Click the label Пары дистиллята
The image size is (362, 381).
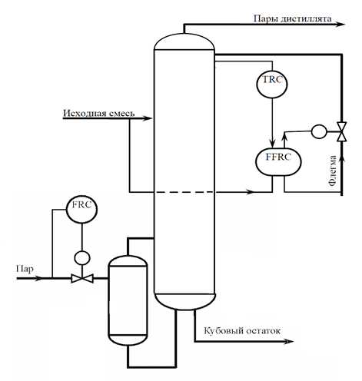coord(292,18)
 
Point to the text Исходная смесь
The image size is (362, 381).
coord(99,113)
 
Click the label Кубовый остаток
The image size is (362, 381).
coord(242,330)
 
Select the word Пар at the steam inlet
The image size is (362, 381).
coord(25,269)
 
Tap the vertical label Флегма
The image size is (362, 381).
coord(333,171)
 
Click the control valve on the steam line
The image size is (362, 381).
coord(82,278)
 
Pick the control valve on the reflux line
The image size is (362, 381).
coord(341,131)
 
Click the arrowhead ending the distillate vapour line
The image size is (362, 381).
coord(341,25)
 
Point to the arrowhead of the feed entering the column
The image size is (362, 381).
coord(148,118)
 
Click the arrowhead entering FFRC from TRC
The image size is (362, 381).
coord(272,144)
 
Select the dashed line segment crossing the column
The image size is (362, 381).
coord(184,192)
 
